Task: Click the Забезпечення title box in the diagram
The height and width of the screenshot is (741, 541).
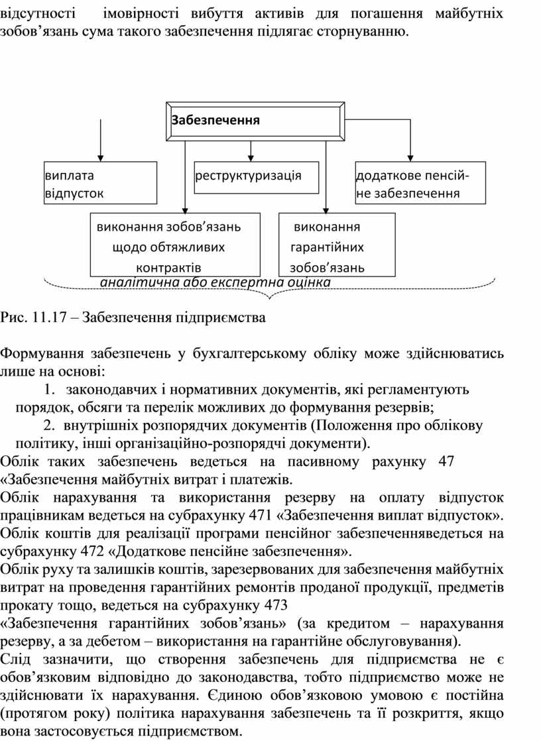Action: coord(255,121)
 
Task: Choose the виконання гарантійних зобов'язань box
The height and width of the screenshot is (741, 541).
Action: coord(337,245)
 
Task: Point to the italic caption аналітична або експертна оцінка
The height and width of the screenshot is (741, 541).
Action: coord(215,282)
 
